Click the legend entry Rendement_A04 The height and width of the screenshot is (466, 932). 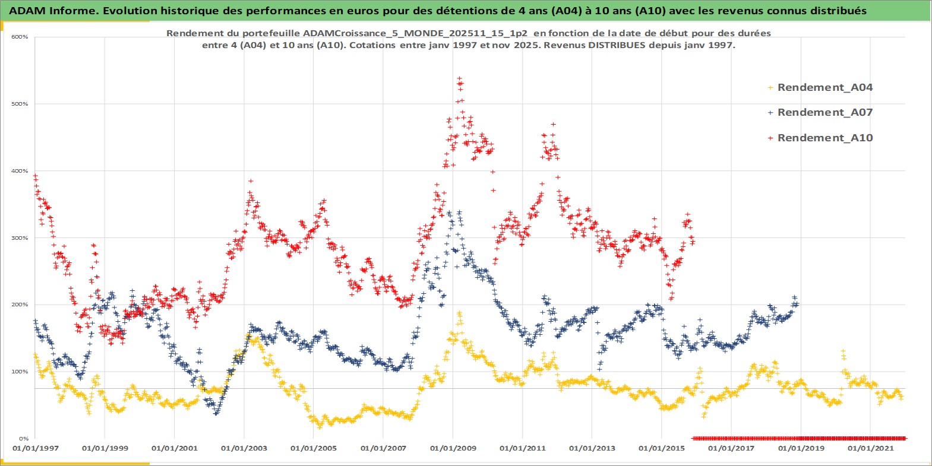click(x=824, y=87)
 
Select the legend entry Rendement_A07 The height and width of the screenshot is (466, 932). click(x=824, y=112)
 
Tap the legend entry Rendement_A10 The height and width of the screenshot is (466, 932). click(x=824, y=138)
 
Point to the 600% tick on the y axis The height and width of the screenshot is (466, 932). click(x=20, y=37)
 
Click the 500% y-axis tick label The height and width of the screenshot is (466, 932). click(x=20, y=104)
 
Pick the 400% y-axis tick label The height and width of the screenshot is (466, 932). click(x=20, y=171)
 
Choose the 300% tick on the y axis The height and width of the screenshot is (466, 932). click(x=20, y=238)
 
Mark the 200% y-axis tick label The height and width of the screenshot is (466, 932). click(x=20, y=305)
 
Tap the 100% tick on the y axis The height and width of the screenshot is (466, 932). click(x=20, y=372)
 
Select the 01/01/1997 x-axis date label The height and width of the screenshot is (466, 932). click(x=36, y=448)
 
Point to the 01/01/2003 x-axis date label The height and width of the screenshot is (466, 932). click(x=244, y=448)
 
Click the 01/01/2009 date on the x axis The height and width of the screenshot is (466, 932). click(x=453, y=448)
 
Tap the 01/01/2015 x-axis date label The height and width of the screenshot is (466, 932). click(x=662, y=448)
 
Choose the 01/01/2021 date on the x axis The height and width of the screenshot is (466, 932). click(x=870, y=448)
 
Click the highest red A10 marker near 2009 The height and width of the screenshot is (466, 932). click(x=459, y=78)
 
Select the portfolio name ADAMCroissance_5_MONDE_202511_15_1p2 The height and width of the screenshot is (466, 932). click(x=415, y=33)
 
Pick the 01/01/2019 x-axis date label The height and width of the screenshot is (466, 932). click(x=801, y=448)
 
